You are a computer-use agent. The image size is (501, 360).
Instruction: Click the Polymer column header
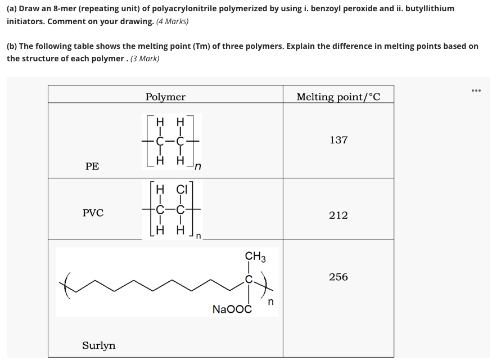[x=165, y=97]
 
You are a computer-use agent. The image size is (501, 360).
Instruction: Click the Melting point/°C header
[x=338, y=97]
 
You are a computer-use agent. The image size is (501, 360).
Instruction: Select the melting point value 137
[x=338, y=140]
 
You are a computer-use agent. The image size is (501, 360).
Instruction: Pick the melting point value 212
[x=338, y=215]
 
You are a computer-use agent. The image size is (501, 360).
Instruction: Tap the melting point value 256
[x=338, y=277]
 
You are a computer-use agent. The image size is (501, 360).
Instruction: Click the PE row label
[x=92, y=166]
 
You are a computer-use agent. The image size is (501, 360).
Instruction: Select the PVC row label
[x=93, y=213]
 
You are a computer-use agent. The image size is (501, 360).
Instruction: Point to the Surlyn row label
[x=99, y=345]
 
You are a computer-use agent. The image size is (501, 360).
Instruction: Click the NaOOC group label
[x=232, y=309]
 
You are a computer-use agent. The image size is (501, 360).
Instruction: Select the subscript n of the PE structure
[x=198, y=166]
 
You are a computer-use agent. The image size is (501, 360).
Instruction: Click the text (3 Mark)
[x=145, y=58]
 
